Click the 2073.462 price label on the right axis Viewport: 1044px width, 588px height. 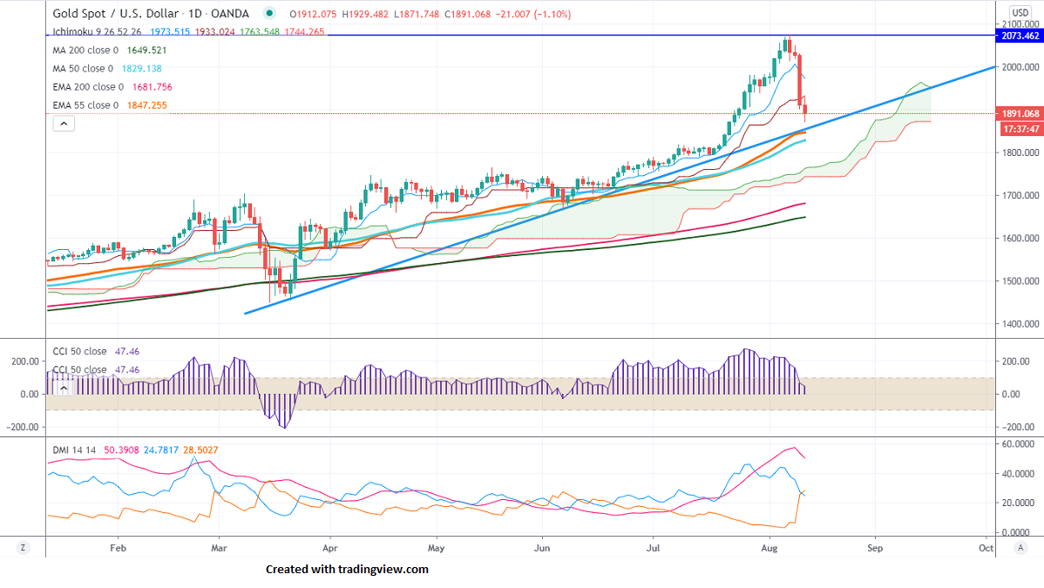(x=1020, y=36)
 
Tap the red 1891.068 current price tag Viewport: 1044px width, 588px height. (x=1020, y=113)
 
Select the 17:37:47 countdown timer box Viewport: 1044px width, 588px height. (x=1020, y=129)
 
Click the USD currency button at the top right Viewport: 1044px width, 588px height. (x=1020, y=12)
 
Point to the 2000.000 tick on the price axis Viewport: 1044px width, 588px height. (x=1020, y=67)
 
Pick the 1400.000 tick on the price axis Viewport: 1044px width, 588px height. (x=1020, y=324)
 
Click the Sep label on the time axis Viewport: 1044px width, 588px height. (x=875, y=549)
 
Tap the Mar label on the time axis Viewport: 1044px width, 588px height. (x=220, y=549)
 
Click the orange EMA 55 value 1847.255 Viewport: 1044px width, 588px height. (x=146, y=105)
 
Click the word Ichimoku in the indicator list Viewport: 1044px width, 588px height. (x=71, y=32)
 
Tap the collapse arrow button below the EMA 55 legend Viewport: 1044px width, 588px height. (x=64, y=124)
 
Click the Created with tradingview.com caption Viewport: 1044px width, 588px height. (x=347, y=569)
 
